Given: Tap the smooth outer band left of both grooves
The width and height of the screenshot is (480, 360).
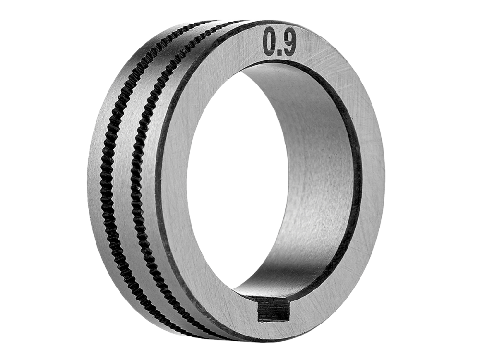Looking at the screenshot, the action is [97, 171].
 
